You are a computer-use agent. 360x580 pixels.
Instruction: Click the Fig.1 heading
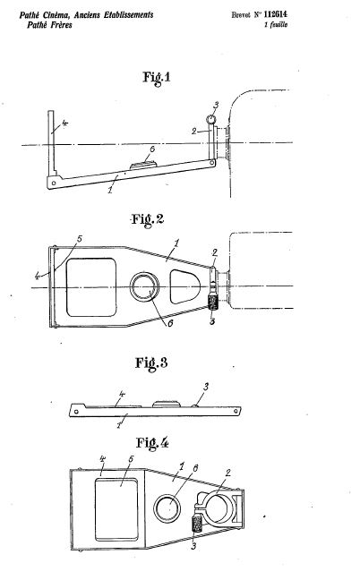pos(157,78)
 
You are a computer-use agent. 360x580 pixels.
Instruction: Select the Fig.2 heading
pos(148,219)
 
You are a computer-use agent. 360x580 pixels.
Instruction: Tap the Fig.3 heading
pos(151,362)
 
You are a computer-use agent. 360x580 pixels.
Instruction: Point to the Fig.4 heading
pos(152,442)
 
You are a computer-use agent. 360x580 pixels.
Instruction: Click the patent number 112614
pos(275,14)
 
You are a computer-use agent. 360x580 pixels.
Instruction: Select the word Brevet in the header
pos(241,15)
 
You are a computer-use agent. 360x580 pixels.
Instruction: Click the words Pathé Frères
pos(49,25)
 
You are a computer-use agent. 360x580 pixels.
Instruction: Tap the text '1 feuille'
pos(276,25)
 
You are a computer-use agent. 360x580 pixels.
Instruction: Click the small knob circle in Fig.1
pos(211,119)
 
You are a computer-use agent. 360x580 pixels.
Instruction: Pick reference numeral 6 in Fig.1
pos(151,149)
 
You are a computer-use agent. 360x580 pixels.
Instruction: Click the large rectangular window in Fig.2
pos(91,287)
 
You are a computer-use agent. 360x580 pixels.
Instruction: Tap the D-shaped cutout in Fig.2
pos(185,286)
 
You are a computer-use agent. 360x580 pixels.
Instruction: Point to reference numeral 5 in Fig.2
pos(79,239)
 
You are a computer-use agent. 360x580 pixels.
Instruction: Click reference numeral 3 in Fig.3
pos(206,387)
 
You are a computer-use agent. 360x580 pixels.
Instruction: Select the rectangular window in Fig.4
pos(116,509)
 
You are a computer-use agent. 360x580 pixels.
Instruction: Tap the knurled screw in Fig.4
pos(196,525)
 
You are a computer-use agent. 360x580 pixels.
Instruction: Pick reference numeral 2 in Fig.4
pos(228,473)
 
